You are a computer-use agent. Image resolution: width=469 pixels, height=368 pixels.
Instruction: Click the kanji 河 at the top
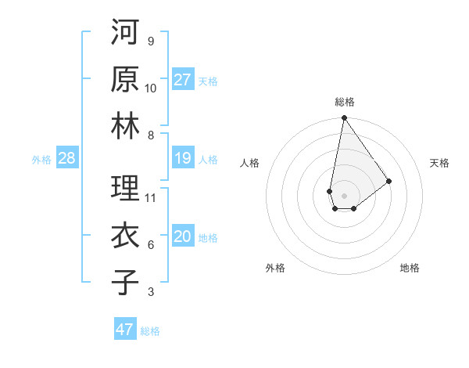(x=125, y=32)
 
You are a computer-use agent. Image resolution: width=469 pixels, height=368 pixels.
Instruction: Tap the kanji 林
(x=125, y=126)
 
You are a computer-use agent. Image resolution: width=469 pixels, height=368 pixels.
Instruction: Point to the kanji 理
(x=125, y=189)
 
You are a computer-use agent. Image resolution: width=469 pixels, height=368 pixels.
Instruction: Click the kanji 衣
(x=125, y=236)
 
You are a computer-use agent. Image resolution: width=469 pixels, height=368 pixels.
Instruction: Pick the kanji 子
(x=125, y=283)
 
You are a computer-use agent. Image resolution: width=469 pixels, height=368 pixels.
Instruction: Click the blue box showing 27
(x=183, y=80)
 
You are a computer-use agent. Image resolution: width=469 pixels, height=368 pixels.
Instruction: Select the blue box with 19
(x=183, y=159)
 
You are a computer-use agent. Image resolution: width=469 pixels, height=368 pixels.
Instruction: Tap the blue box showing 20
(x=183, y=237)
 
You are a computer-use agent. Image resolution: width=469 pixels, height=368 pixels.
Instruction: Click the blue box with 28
(x=66, y=159)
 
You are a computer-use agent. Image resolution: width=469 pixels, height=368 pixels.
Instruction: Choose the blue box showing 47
(x=125, y=330)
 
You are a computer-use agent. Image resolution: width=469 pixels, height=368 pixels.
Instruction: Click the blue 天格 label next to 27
(x=208, y=81)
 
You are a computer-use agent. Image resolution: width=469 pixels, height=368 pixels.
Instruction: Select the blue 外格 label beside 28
(x=41, y=160)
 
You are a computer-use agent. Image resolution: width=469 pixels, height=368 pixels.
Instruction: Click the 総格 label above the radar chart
(x=344, y=102)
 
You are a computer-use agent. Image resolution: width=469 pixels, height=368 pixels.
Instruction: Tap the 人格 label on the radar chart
(x=250, y=163)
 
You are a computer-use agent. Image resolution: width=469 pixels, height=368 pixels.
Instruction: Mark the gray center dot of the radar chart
(x=344, y=194)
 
